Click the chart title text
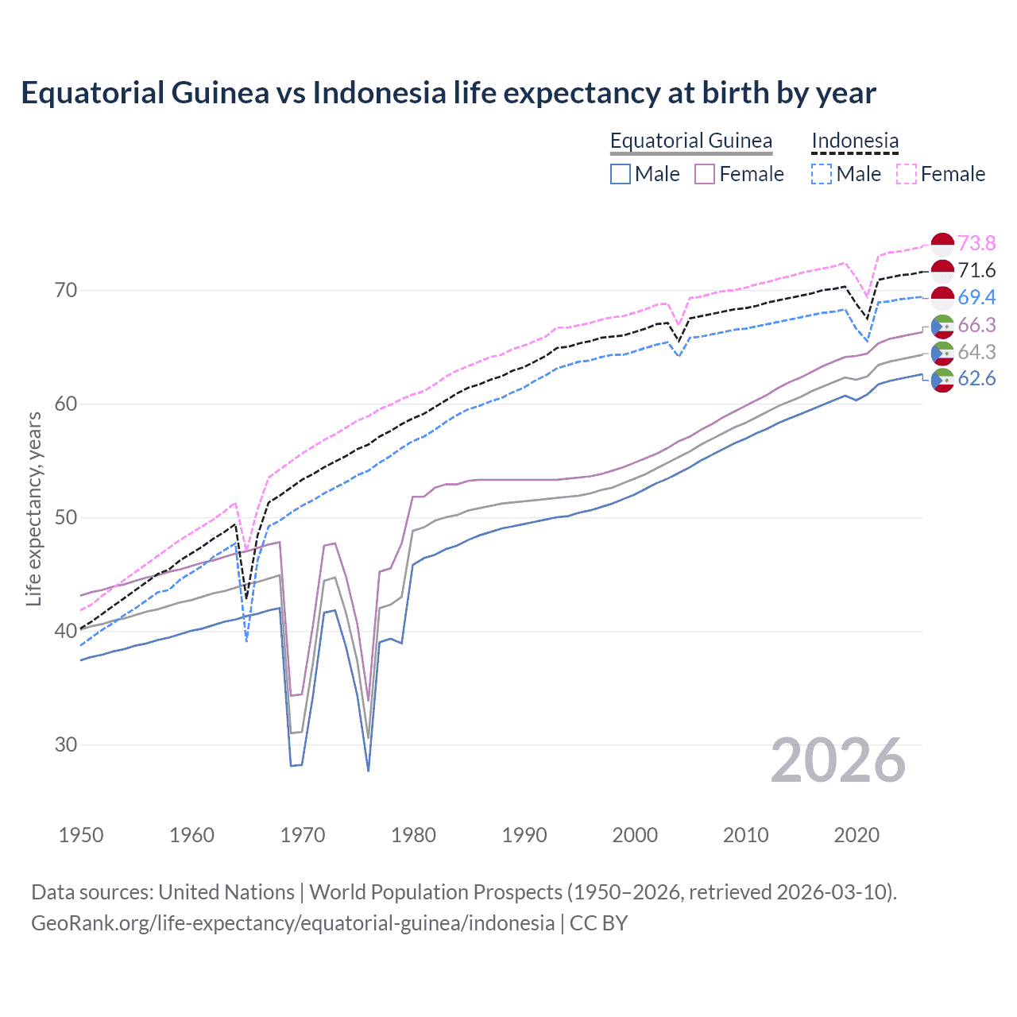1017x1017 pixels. pyautogui.click(x=448, y=93)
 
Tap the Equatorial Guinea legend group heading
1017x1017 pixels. pyautogui.click(x=690, y=141)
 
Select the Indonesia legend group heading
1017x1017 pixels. pyautogui.click(x=855, y=141)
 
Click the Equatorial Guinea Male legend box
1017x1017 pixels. pyautogui.click(x=621, y=174)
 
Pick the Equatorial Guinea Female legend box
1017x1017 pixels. pyautogui.click(x=705, y=174)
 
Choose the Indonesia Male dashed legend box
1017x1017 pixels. pyautogui.click(x=822, y=174)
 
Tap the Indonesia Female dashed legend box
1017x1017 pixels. pyautogui.click(x=907, y=174)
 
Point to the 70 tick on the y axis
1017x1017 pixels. pyautogui.click(x=66, y=291)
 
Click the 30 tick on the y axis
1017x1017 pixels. pyautogui.click(x=66, y=745)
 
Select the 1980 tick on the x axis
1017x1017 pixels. pyautogui.click(x=413, y=835)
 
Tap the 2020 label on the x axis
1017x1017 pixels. pyautogui.click(x=857, y=835)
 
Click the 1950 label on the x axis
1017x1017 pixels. pyautogui.click(x=81, y=835)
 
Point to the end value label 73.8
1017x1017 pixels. pyautogui.click(x=976, y=243)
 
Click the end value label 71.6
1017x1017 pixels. pyautogui.click(x=976, y=270)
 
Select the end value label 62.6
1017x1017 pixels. pyautogui.click(x=976, y=378)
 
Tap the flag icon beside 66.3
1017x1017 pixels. pyautogui.click(x=942, y=326)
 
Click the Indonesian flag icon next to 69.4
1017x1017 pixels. pyautogui.click(x=942, y=298)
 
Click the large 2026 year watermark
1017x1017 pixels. pyautogui.click(x=838, y=761)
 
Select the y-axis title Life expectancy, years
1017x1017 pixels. pyautogui.click(x=33, y=508)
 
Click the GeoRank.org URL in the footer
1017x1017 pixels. pyautogui.click(x=292, y=923)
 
